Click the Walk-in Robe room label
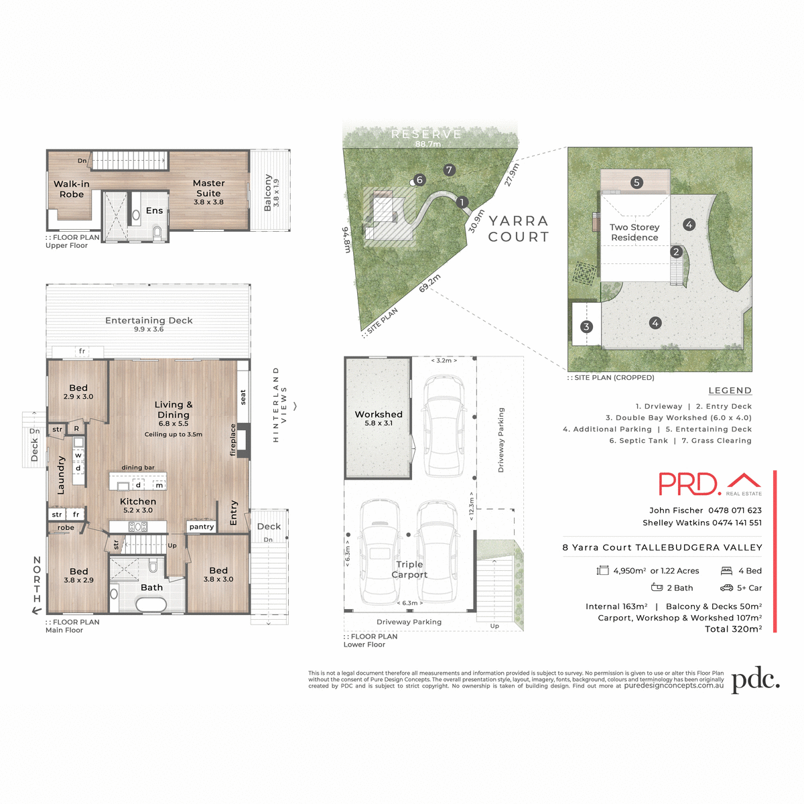[72, 189]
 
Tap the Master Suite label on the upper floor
[208, 188]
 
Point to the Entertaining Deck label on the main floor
[149, 321]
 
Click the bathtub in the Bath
[151, 604]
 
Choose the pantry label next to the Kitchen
[201, 527]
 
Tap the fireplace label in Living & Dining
[233, 440]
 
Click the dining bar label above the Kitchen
[138, 468]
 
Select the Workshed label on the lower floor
[379, 415]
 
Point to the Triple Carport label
[409, 569]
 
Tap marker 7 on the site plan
[450, 170]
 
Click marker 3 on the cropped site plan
[586, 327]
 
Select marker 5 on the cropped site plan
[636, 182]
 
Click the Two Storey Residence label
[634, 232]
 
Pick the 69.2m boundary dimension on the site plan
[429, 283]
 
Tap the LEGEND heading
[730, 391]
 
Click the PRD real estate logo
[710, 484]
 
